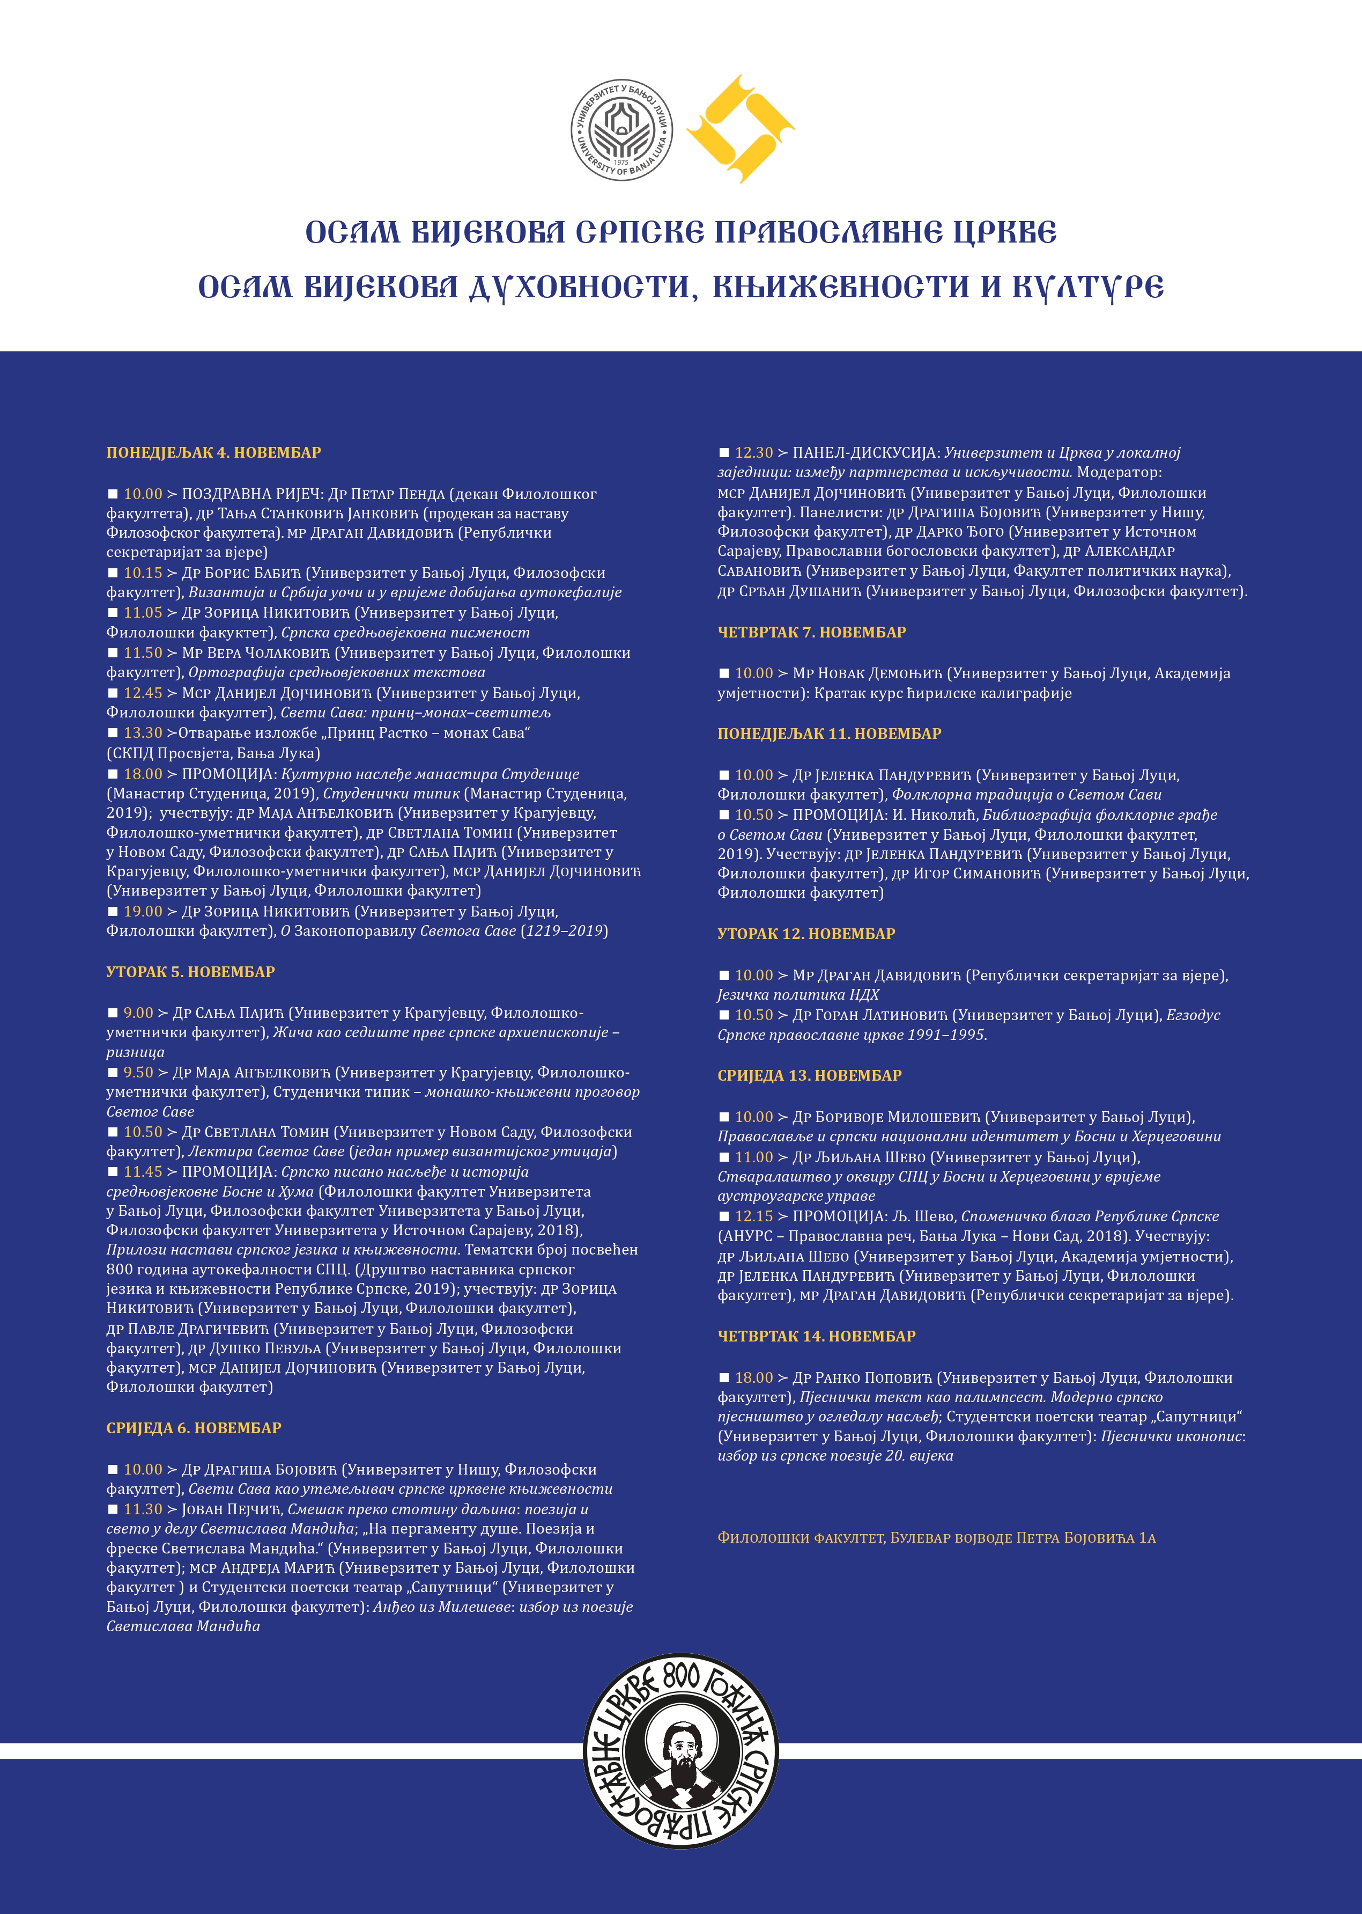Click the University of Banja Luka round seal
(621, 130)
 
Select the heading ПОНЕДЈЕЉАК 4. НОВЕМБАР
(213, 452)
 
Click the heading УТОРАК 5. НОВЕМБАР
(190, 972)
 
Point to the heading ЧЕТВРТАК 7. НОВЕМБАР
(811, 632)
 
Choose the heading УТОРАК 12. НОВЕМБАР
(806, 933)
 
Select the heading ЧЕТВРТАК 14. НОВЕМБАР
(816, 1336)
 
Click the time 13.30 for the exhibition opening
(143, 732)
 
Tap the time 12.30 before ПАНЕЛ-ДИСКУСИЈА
(753, 452)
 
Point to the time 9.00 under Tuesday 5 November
(138, 1013)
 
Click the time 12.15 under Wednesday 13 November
(753, 1216)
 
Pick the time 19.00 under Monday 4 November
(143, 911)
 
